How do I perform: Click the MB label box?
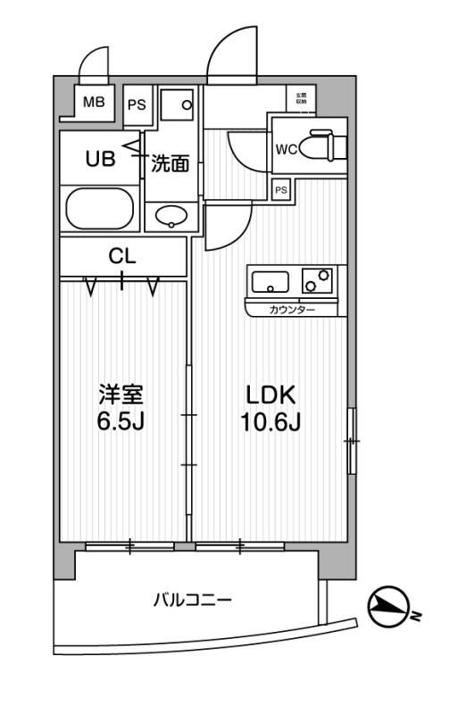click(94, 102)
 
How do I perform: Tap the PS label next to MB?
click(136, 104)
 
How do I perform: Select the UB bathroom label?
click(99, 160)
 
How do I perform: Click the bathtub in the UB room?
click(100, 210)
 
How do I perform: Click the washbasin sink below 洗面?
click(171, 215)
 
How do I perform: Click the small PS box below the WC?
click(281, 189)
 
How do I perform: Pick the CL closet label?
click(122, 256)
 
